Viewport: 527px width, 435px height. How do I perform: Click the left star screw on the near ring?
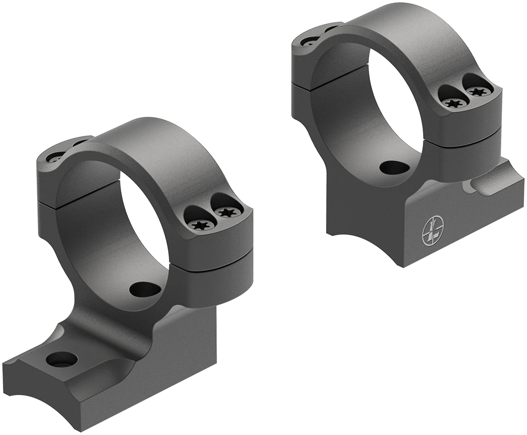[x=198, y=224]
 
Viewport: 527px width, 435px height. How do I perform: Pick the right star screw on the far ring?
[x=476, y=92]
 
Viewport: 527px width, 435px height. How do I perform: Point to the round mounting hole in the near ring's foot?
[x=61, y=360]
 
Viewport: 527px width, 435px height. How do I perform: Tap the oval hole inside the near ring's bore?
[x=145, y=289]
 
